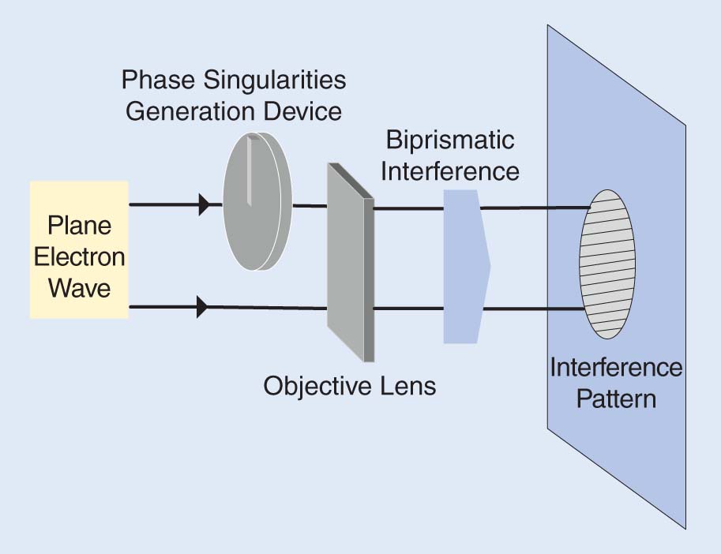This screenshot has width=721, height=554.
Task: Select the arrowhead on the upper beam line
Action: pyautogui.click(x=204, y=205)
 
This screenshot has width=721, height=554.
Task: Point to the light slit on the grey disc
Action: pyautogui.click(x=249, y=170)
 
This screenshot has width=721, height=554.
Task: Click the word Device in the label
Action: pyautogui.click(x=305, y=110)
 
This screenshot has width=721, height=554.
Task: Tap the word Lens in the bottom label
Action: pyautogui.click(x=407, y=387)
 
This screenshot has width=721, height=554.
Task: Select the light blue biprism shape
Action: pyautogui.click(x=466, y=267)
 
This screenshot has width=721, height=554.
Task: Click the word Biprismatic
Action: pyautogui.click(x=450, y=140)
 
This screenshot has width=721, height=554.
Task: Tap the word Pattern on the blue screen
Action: pyautogui.click(x=616, y=398)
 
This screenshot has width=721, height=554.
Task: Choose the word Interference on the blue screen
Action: pyautogui.click(x=616, y=368)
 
